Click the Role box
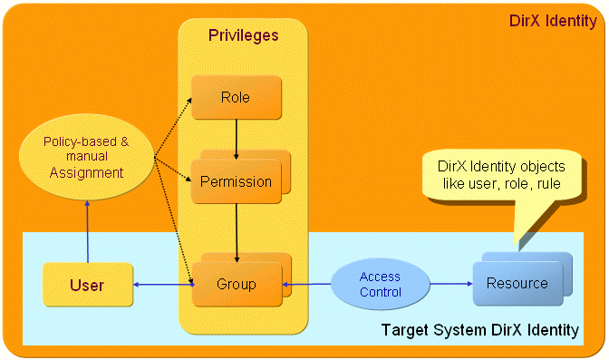click(236, 98)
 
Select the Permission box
click(236, 181)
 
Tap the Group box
click(236, 285)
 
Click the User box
click(87, 285)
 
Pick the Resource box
click(517, 284)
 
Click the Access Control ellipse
click(380, 285)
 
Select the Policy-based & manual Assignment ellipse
click(87, 158)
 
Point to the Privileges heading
click(243, 35)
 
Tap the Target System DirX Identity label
click(479, 330)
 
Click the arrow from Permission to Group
click(236, 228)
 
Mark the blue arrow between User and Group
click(162, 285)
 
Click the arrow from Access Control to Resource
click(450, 284)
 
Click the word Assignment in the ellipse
click(87, 172)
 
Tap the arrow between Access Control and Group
click(309, 285)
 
